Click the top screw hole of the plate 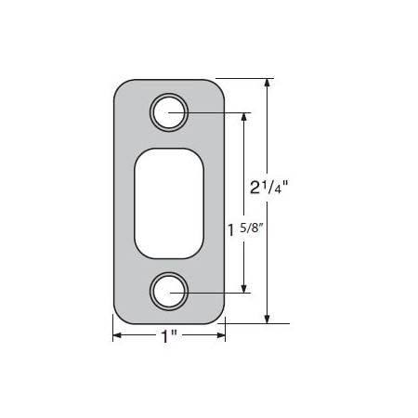(x=169, y=112)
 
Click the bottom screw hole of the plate (x=169, y=291)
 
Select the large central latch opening (x=170, y=202)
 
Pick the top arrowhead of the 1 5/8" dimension (x=245, y=117)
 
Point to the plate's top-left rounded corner (x=122, y=88)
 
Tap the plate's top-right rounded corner (x=218, y=88)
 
